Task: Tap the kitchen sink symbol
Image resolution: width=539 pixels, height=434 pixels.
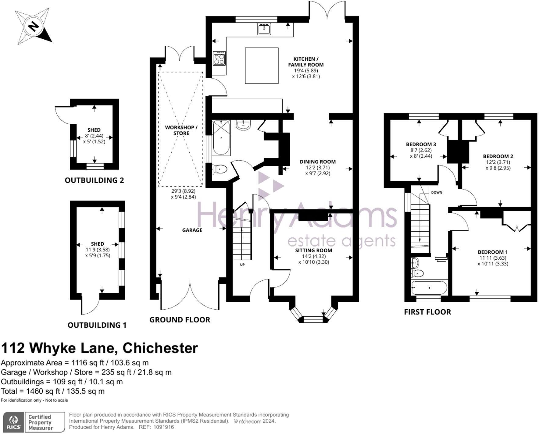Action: [x=264, y=29]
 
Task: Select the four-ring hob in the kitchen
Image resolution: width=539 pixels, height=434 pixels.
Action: [x=220, y=58]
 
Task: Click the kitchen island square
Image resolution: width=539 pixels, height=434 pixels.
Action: [x=262, y=66]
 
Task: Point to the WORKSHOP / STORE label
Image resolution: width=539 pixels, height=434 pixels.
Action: [x=181, y=130]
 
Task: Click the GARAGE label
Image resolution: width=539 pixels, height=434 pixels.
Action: [x=192, y=230]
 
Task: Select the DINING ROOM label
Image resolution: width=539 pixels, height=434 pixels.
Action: [x=317, y=162]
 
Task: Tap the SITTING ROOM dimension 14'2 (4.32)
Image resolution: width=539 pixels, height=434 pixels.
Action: [x=313, y=256]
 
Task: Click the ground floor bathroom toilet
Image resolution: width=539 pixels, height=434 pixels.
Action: [x=220, y=169]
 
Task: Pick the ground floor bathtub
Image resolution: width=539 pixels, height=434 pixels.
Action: [x=221, y=138]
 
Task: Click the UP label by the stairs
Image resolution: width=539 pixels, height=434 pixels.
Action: [x=242, y=265]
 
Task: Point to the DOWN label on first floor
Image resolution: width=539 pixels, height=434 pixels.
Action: [x=437, y=192]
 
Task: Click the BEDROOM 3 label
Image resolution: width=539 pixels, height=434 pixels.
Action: [x=421, y=144]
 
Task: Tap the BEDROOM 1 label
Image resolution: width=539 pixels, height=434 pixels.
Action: [x=493, y=252]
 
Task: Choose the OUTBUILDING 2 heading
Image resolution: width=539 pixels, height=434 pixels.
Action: [x=94, y=180]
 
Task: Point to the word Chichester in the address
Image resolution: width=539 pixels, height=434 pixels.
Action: [x=160, y=348]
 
